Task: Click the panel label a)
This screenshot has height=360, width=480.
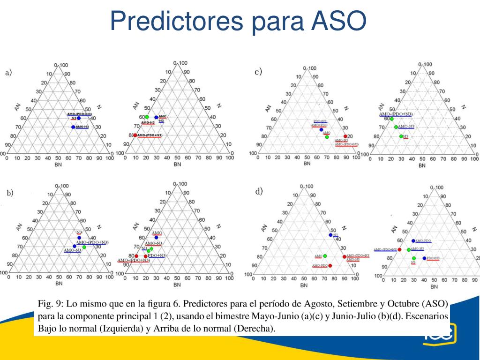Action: coord(9,73)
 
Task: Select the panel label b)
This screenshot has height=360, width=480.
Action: coord(10,192)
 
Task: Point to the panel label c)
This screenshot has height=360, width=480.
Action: coord(258,72)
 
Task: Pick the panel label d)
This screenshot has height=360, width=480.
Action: coord(259,191)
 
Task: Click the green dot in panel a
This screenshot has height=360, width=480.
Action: coord(147,117)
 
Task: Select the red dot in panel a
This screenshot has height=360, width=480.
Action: coord(135,135)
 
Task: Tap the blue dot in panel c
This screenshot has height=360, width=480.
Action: coord(321,129)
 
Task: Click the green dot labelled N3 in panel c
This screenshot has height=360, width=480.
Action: coord(401,136)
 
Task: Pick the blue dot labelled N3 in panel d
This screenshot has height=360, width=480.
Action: coord(330,235)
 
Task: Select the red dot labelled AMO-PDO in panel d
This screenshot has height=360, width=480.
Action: coord(330,266)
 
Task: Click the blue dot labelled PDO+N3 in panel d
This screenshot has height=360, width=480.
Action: coord(424,258)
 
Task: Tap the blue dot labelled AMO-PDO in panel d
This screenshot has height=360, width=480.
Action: coord(413,240)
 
